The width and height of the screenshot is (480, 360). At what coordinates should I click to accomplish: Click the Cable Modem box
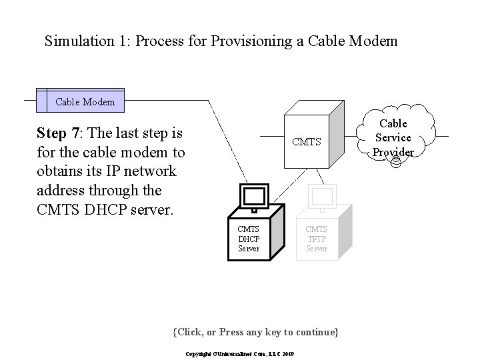pyautogui.click(x=85, y=102)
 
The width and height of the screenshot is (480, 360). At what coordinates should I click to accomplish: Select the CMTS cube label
pyautogui.click(x=307, y=142)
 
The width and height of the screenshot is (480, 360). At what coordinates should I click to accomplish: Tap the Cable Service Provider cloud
pyautogui.click(x=393, y=137)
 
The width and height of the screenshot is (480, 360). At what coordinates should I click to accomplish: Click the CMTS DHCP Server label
pyautogui.click(x=249, y=239)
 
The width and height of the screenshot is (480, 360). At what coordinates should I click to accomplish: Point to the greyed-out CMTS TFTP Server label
pyautogui.click(x=316, y=239)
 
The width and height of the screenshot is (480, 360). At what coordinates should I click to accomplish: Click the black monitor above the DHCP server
pyautogui.click(x=254, y=197)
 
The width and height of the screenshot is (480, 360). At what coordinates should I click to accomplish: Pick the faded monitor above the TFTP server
pyautogui.click(x=322, y=197)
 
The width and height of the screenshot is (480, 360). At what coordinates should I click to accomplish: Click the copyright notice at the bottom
pyautogui.click(x=239, y=353)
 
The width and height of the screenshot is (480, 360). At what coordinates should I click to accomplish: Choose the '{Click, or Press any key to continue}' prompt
pyautogui.click(x=255, y=332)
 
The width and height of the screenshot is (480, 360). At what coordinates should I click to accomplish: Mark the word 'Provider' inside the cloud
pyautogui.click(x=393, y=151)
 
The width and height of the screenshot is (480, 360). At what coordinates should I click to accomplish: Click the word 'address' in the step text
pyautogui.click(x=63, y=191)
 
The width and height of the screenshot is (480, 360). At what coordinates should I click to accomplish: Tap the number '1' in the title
pyautogui.click(x=121, y=41)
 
